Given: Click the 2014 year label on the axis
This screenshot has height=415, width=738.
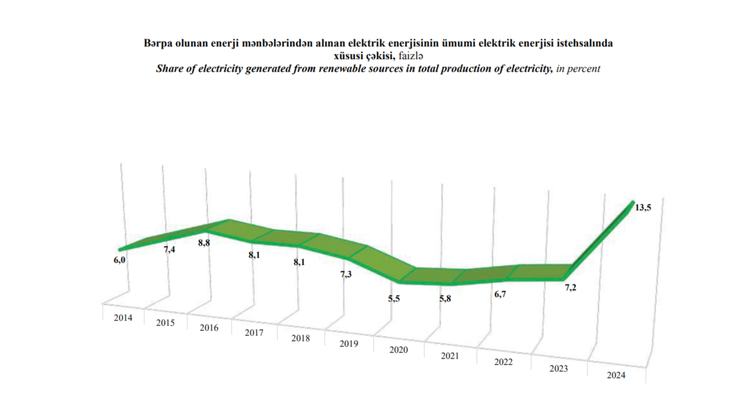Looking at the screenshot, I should click(x=123, y=318).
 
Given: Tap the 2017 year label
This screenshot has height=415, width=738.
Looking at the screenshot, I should click(x=254, y=333).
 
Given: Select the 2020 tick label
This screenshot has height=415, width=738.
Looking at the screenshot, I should click(x=398, y=350).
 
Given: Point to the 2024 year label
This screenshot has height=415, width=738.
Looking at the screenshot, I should click(x=615, y=375).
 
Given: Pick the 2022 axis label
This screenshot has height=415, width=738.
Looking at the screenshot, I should click(x=503, y=362).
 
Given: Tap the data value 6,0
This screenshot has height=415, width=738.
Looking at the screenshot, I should click(x=120, y=259).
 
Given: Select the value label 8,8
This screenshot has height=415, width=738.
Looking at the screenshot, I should click(x=204, y=242).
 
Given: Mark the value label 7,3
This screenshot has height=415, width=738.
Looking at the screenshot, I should click(x=346, y=274).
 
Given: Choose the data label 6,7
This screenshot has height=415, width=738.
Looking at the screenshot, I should click(x=500, y=295).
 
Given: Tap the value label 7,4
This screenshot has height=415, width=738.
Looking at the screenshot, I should click(x=169, y=250).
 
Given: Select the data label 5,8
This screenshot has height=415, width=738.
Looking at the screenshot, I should click(x=445, y=299).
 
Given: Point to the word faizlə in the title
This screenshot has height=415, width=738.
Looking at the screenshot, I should click(x=410, y=56).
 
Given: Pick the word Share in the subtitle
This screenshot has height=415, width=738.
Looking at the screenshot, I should click(x=168, y=69).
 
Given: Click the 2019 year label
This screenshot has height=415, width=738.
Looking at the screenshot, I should click(x=349, y=343).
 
